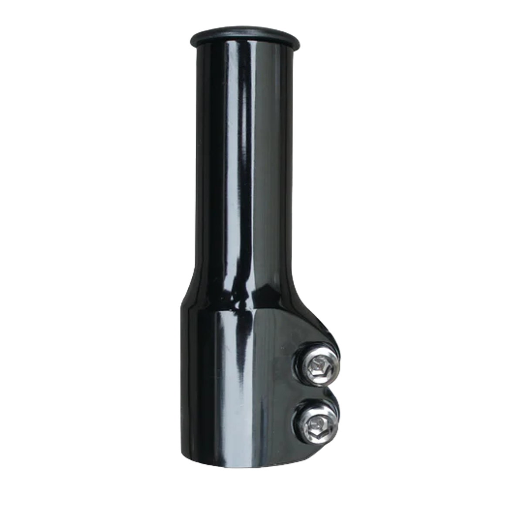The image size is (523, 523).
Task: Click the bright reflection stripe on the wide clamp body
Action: point(227,370)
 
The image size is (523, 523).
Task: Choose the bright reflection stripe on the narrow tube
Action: point(230,153)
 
